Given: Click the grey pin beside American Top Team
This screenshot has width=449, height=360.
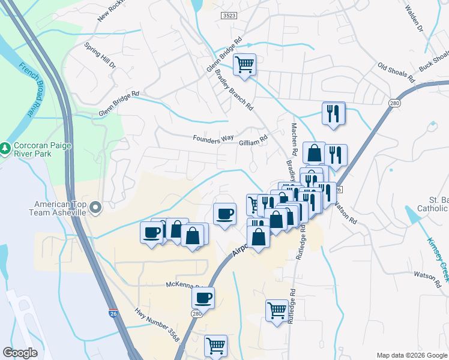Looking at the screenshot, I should click(x=96, y=208).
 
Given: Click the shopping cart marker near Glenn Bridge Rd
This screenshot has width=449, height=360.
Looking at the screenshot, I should click(x=244, y=64).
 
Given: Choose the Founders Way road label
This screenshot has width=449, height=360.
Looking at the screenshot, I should click(x=213, y=138).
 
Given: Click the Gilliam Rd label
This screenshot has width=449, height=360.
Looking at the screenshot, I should click(x=253, y=141).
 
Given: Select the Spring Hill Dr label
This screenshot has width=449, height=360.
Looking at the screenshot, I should click(x=100, y=54).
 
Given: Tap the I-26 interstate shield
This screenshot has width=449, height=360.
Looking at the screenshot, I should click(x=113, y=313).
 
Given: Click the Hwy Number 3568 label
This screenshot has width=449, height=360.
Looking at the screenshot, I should click(x=157, y=325).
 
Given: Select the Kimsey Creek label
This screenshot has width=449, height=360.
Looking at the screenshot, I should click(x=437, y=259).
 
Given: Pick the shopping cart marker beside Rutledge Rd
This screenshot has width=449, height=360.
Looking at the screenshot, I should click(x=276, y=310).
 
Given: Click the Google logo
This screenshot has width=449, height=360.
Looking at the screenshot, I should click(x=20, y=353).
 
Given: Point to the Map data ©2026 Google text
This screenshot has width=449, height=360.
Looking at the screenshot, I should click(x=412, y=355).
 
